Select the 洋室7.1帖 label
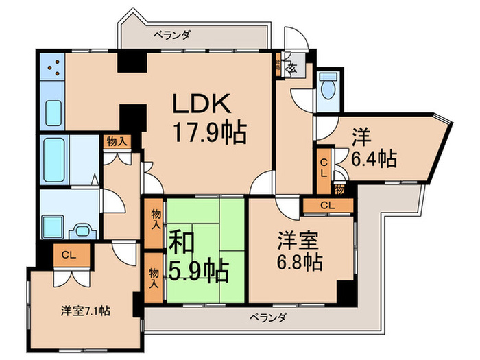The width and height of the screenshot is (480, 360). coord(83,311)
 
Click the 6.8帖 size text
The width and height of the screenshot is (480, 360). coord(300,261)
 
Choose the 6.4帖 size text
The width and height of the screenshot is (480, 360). coord(374,160)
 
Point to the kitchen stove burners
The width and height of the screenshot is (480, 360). coord(52,67)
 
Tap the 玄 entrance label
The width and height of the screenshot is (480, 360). coord(291,68)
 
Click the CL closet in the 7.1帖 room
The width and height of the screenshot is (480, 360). coord(67,256)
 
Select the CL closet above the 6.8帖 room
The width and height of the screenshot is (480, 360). coord(328,204)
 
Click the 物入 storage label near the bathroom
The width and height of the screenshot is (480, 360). coord(116,141)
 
